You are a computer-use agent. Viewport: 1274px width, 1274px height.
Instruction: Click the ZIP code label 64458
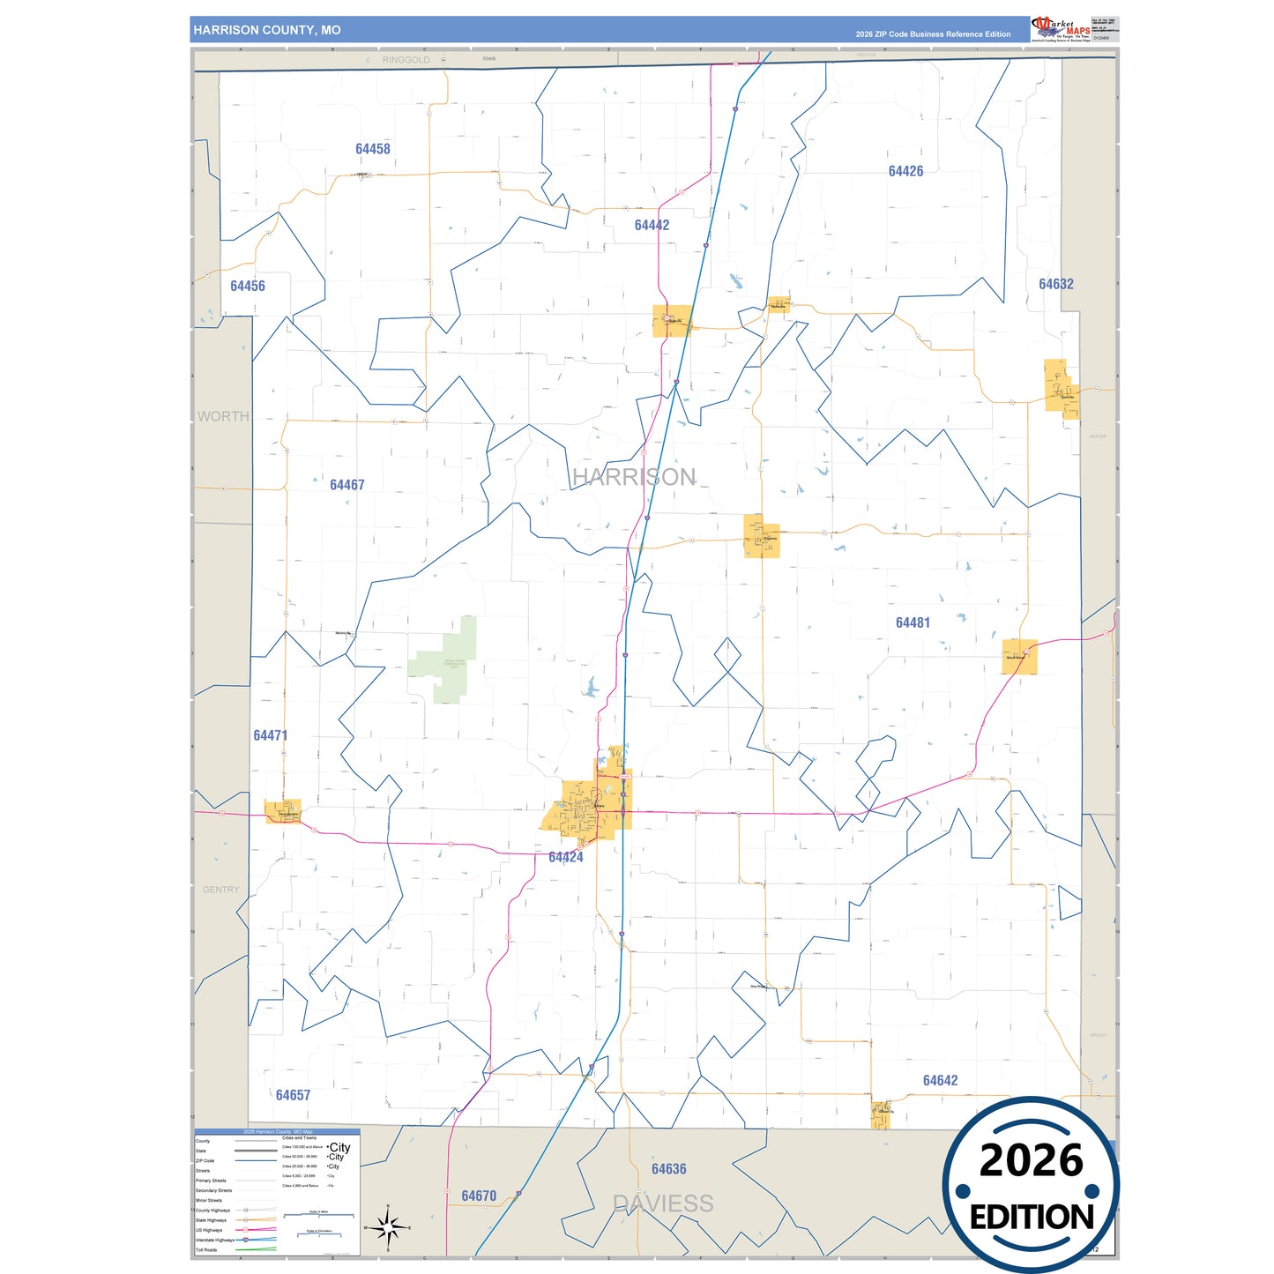(x=373, y=149)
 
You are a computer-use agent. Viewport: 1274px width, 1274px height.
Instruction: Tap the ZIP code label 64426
(x=905, y=171)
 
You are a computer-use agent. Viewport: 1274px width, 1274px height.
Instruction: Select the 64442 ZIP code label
(x=652, y=225)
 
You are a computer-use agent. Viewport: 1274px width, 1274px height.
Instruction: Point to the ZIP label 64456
(x=248, y=286)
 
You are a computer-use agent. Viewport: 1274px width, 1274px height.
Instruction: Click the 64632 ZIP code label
(x=1055, y=284)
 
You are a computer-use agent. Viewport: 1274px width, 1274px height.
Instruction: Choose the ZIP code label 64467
(x=346, y=485)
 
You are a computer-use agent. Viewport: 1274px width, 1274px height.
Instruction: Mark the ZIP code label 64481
(x=913, y=622)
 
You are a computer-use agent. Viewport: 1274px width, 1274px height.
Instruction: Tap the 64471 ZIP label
(x=270, y=735)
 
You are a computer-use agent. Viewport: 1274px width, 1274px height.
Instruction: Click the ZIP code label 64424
(x=565, y=857)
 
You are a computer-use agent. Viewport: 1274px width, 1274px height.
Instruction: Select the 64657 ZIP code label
(x=293, y=1095)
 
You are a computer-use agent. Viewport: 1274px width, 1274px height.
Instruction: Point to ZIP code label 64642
(x=940, y=1080)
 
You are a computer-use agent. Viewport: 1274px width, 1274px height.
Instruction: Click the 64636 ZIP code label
(x=668, y=1169)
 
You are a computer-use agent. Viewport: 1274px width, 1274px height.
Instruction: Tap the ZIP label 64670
(x=479, y=1196)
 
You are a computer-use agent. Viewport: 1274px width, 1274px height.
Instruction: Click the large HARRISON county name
(x=634, y=477)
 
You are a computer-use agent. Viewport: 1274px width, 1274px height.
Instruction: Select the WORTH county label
(x=223, y=416)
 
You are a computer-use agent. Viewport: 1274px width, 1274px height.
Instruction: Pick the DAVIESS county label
(x=663, y=1203)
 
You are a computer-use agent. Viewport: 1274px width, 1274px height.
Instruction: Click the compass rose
(x=388, y=1226)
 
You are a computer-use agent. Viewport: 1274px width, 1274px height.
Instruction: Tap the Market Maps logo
(x=1061, y=29)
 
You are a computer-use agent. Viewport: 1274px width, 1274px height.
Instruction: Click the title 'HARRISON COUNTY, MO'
(x=267, y=30)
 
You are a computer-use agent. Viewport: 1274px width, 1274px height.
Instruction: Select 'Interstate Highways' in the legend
(x=215, y=1240)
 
